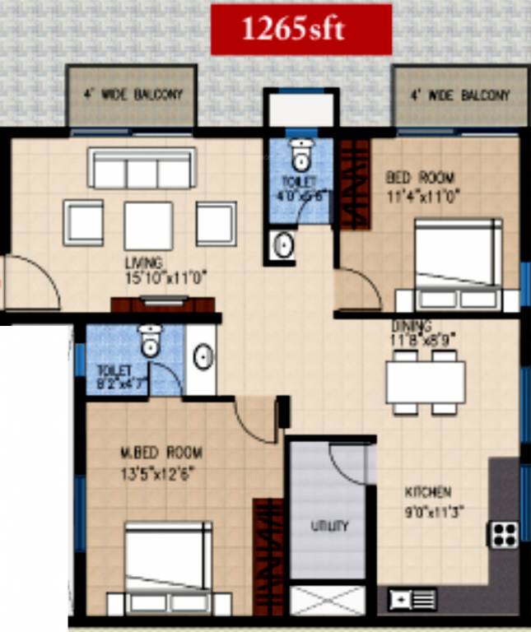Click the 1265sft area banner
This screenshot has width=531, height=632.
point(300,30)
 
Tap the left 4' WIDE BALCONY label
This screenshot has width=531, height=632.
point(133,95)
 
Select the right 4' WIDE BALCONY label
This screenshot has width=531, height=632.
point(460,95)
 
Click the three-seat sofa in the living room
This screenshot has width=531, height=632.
point(142,170)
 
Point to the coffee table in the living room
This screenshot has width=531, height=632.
point(148,224)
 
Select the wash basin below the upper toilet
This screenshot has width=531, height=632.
point(284,245)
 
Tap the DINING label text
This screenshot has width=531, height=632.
point(412,326)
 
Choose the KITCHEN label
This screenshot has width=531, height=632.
point(427,492)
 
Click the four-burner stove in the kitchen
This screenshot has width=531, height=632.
point(504,534)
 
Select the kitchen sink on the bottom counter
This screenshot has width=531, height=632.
point(410,598)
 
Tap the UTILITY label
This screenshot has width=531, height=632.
point(328,526)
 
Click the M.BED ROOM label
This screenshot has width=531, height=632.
point(161,453)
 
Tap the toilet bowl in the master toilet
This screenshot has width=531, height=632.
point(150,341)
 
